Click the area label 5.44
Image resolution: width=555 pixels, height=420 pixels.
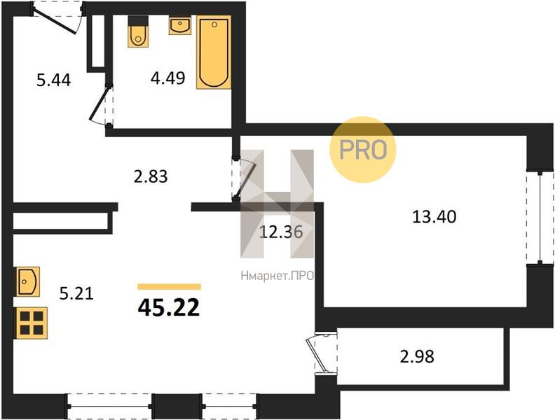pyautogui.click(x=54, y=80)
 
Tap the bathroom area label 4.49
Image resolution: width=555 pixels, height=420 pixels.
pyautogui.click(x=167, y=78)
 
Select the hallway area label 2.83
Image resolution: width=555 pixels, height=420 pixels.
pyautogui.click(x=151, y=176)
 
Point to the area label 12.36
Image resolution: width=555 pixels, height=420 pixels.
pyautogui.click(x=281, y=232)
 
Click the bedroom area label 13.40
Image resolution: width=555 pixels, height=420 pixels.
pyautogui.click(x=434, y=216)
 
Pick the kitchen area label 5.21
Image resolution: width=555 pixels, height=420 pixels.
pyautogui.click(x=76, y=293)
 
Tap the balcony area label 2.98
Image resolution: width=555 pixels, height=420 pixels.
pyautogui.click(x=417, y=356)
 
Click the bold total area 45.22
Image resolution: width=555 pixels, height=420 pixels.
pyautogui.click(x=169, y=307)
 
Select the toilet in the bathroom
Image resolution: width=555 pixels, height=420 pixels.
pyautogui.click(x=137, y=31)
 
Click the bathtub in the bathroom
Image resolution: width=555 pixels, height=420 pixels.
pyautogui.click(x=214, y=52)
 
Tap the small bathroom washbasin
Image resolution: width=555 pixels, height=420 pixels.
pyautogui.click(x=180, y=25)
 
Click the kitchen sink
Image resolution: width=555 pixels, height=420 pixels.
pyautogui.click(x=27, y=281)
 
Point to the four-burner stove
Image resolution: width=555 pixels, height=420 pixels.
pyautogui.click(x=31, y=323)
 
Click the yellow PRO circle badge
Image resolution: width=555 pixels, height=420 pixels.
pyautogui.click(x=363, y=150)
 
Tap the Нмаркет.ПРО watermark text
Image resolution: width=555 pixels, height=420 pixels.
pyautogui.click(x=277, y=276)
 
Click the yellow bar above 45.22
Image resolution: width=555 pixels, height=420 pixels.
pyautogui.click(x=169, y=287)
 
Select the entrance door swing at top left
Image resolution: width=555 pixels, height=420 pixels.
pyautogui.click(x=57, y=17)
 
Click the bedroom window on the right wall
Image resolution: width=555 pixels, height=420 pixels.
pyautogui.click(x=540, y=218)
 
